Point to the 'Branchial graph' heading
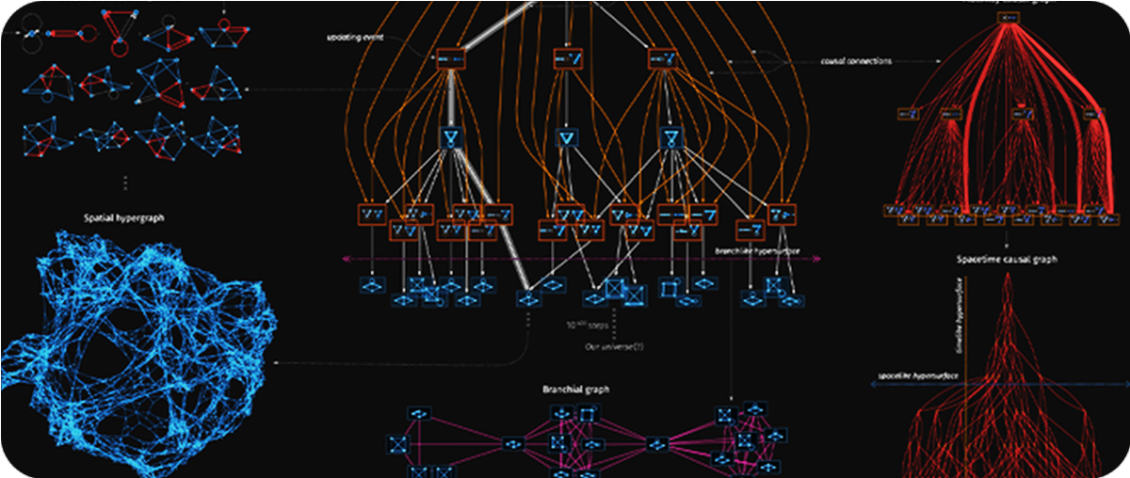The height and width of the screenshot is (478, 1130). point(576,389)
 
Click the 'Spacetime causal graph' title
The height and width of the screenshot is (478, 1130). point(1006,259)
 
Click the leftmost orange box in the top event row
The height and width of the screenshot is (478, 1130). point(452,58)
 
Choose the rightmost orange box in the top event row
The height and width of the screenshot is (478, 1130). point(663,58)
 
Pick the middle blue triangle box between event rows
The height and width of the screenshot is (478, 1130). point(566,140)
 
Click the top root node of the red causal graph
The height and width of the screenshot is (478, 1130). point(1009,17)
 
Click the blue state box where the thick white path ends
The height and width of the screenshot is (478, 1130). point(527,299)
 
